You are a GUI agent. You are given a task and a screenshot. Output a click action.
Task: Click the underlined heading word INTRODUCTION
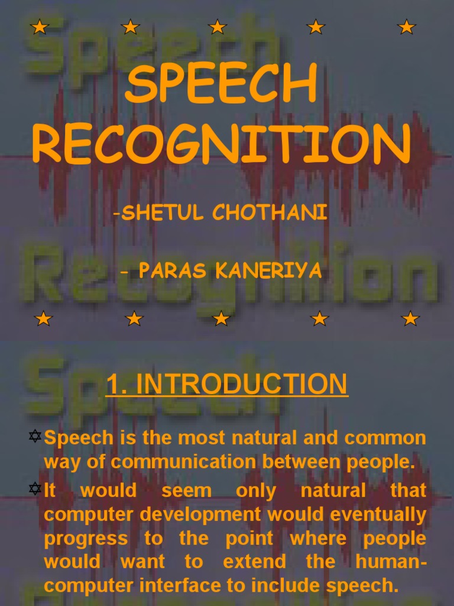click(x=243, y=384)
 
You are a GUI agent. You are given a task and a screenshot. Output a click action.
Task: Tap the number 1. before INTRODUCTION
click(x=117, y=384)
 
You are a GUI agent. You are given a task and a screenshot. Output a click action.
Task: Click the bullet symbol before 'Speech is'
click(x=35, y=437)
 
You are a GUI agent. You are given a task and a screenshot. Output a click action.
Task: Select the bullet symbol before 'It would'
click(x=35, y=488)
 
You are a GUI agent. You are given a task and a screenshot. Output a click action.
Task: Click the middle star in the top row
click(x=218, y=27)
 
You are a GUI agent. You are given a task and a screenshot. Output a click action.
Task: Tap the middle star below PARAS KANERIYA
click(x=221, y=319)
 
